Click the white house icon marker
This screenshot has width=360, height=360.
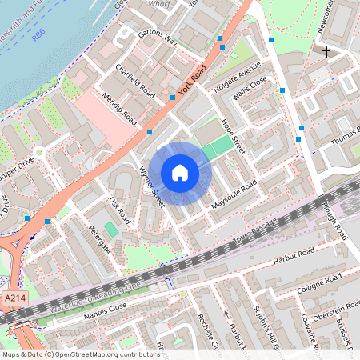pyautogui.click(x=180, y=172)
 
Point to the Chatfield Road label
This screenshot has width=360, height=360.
pyautogui.click(x=134, y=78)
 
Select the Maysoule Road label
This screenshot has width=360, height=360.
pyautogui.click(x=234, y=196)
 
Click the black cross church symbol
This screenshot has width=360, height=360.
pyautogui.click(x=326, y=52)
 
